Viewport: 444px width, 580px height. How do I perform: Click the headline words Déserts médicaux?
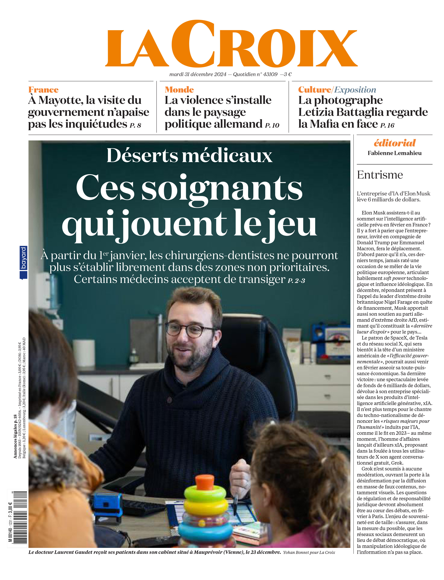(x=189, y=156)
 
